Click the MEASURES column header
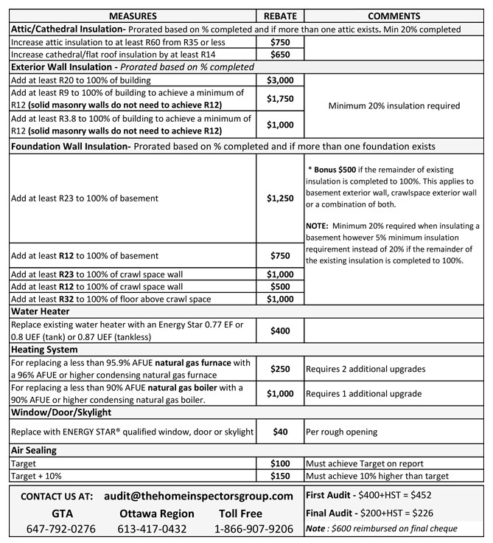click(x=133, y=16)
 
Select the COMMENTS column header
click(x=394, y=16)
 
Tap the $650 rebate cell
click(x=279, y=55)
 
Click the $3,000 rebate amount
click(x=279, y=80)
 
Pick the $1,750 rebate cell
click(x=279, y=98)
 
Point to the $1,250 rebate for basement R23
click(x=279, y=198)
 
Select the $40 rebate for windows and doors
click(x=279, y=431)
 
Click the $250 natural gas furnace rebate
click(x=279, y=368)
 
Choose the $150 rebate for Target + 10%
click(x=279, y=476)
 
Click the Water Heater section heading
click(x=40, y=311)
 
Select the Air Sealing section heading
click(x=37, y=450)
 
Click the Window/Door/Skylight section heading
click(x=60, y=412)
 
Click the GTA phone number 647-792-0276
click(x=61, y=529)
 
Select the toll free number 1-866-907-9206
click(x=254, y=529)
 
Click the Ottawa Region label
click(x=156, y=513)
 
